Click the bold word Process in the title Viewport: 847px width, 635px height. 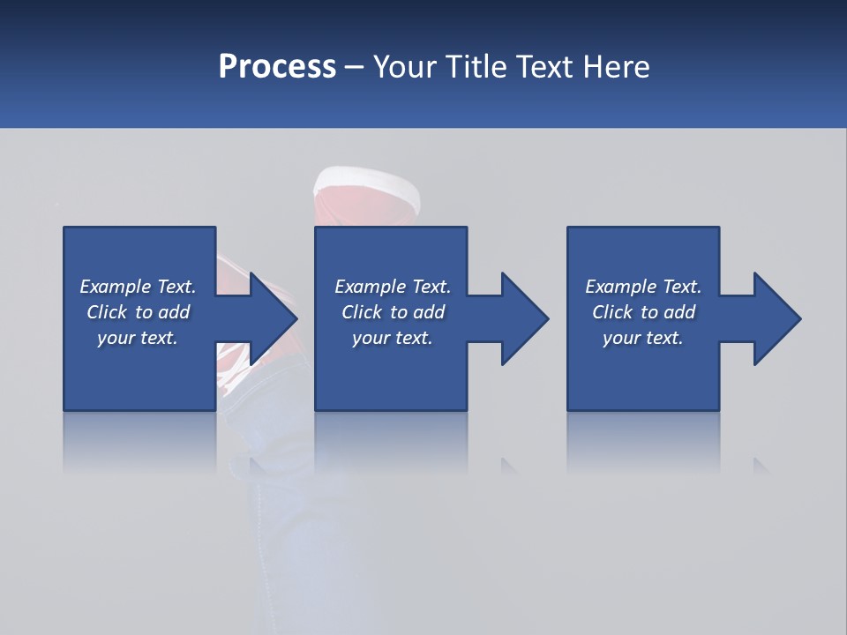[277, 67]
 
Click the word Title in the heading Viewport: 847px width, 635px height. [475, 67]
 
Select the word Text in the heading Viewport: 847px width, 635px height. [544, 67]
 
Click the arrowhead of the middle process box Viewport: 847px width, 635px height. [523, 318]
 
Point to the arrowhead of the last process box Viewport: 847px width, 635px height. [776, 318]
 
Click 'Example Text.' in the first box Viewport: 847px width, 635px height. [138, 287]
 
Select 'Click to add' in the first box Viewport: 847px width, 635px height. [138, 312]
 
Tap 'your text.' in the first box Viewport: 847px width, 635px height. [138, 338]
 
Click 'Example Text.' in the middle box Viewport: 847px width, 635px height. [393, 287]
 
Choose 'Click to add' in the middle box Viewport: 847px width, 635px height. [393, 312]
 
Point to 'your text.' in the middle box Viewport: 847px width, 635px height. [393, 338]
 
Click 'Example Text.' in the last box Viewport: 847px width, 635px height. [643, 287]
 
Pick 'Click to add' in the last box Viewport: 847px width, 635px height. [643, 312]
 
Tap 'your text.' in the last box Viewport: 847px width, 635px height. [643, 338]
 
